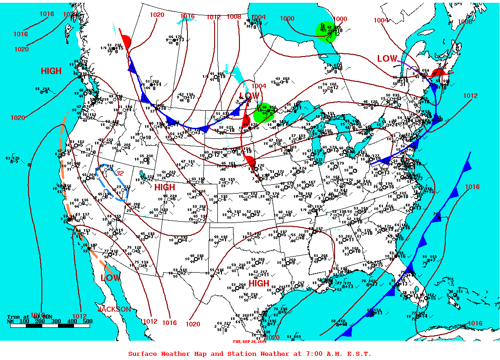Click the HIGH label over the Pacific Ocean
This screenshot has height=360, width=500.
pos(51,71)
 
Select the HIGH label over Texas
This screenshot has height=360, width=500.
pos(259,283)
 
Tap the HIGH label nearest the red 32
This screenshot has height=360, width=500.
pos(165,187)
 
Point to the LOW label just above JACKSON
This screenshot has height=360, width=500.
pos(110,278)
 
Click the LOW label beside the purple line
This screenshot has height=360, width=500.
pos(387,59)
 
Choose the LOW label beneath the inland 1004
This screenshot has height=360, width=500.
pos(249,96)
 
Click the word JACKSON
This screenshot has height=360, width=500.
pos(114,309)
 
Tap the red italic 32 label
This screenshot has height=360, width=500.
pos(120,173)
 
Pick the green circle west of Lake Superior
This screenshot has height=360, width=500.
pos(262,113)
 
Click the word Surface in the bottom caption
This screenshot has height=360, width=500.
pos(144,354)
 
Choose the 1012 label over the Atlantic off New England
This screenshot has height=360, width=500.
pos(470,96)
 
